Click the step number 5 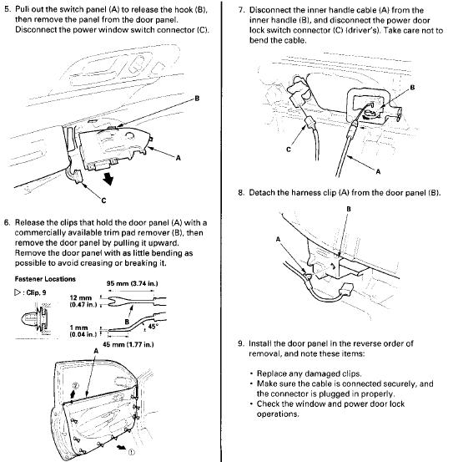point(7,9)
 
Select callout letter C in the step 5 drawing point(103,201)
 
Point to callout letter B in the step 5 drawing point(197,98)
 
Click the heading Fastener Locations point(45,279)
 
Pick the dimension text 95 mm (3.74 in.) point(132,283)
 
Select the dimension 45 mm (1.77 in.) point(128,344)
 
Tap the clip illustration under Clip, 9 point(36,319)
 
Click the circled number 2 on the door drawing point(76,386)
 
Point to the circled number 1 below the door point(132,452)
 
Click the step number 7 point(241,10)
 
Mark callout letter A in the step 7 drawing point(378,171)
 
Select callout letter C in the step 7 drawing point(289,150)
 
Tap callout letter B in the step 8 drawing point(349,209)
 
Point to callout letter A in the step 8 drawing point(278,239)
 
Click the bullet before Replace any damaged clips point(251,374)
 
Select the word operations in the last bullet point(278,414)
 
